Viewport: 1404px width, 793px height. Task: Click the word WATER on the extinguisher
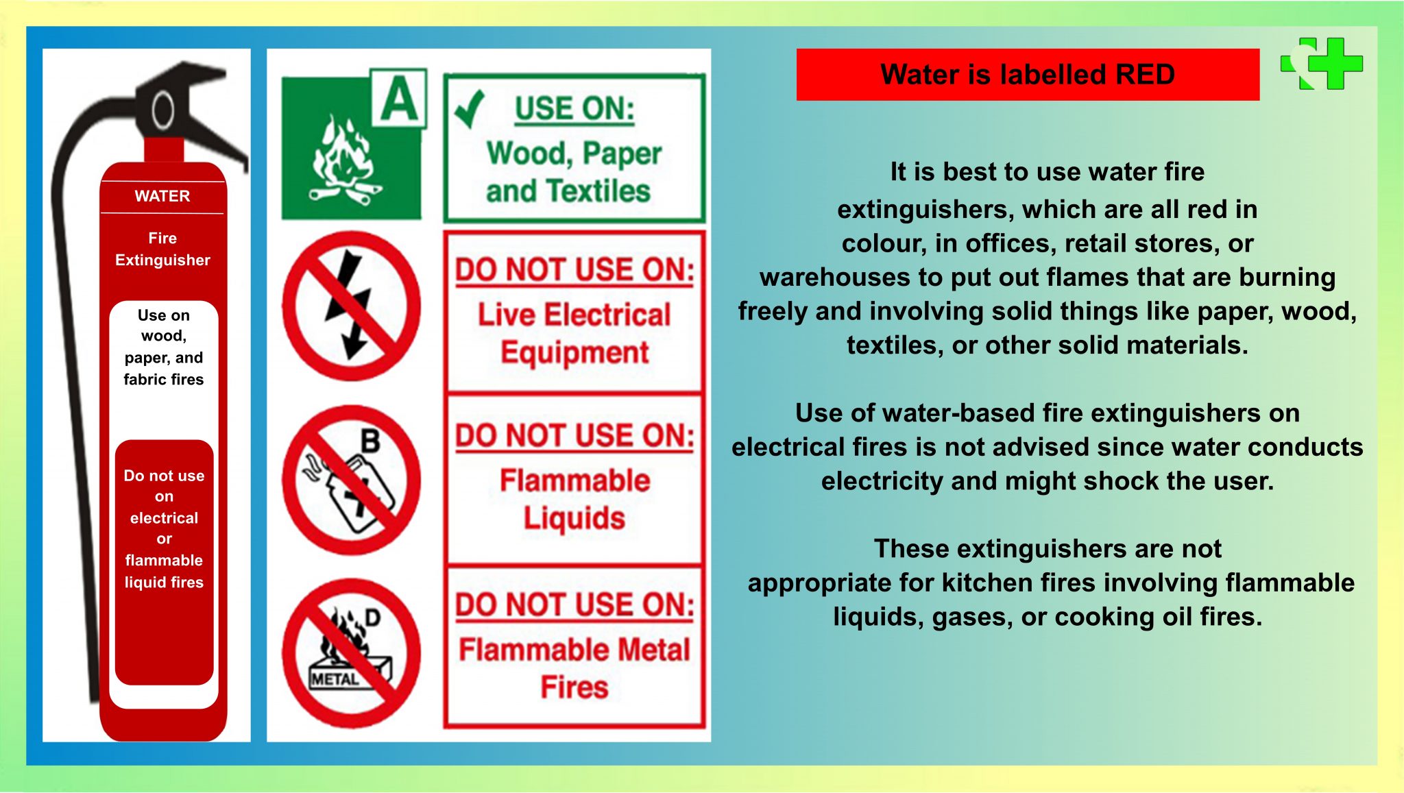click(x=162, y=196)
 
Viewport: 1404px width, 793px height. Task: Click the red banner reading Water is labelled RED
click(x=1027, y=75)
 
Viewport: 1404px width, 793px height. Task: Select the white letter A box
click(x=399, y=99)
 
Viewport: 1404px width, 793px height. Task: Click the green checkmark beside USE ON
click(x=470, y=108)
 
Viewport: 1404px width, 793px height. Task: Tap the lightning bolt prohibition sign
click(x=351, y=306)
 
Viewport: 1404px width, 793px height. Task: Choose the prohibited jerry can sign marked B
click(x=351, y=480)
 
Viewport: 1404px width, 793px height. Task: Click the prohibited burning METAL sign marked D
click(x=351, y=652)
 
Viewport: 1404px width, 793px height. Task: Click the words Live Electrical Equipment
click(x=574, y=333)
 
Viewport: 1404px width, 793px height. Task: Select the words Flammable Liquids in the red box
click(x=574, y=499)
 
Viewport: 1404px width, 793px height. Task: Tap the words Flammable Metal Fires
click(x=574, y=668)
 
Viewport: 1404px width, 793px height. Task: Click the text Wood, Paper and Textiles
click(x=573, y=172)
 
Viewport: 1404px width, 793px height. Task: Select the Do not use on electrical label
click(x=164, y=528)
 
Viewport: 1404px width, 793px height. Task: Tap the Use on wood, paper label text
click(x=163, y=347)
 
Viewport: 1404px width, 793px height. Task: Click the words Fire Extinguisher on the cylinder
click(x=162, y=249)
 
